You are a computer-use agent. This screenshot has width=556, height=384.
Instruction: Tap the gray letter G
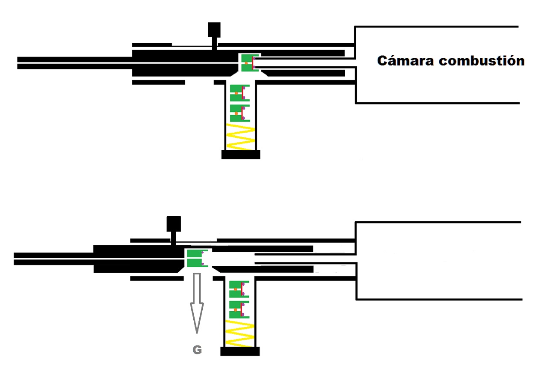(x=197, y=350)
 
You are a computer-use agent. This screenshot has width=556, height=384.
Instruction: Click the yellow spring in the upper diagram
(x=240, y=137)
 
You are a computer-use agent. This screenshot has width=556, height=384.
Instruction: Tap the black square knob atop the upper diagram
(x=214, y=29)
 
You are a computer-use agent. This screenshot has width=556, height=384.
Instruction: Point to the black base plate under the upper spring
(x=240, y=155)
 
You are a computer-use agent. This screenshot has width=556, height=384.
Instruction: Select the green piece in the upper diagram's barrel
(x=247, y=63)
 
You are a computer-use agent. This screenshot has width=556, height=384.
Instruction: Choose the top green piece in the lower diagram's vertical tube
(x=237, y=289)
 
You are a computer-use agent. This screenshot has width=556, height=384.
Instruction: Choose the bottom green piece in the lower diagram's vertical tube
(x=237, y=309)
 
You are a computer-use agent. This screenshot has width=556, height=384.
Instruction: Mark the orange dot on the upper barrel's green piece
(x=246, y=63)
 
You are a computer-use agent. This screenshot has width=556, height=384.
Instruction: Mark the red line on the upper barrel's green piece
(x=253, y=63)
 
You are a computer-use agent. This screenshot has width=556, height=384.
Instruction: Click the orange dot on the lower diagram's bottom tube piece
(x=235, y=309)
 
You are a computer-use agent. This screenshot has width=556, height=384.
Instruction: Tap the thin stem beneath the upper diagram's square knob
(x=214, y=42)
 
